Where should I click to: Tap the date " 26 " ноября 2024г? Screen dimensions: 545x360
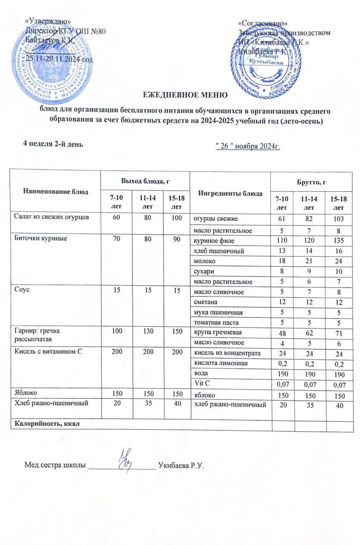coord(248,147)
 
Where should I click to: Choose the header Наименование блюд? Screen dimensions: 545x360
coord(55,192)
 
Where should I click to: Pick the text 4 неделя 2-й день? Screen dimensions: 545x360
coord(53,144)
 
